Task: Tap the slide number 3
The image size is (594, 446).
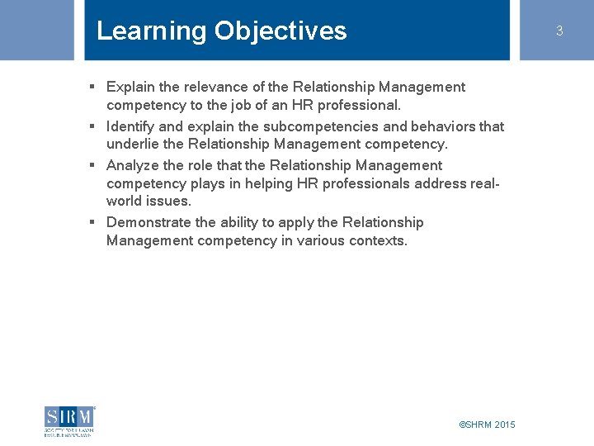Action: pyautogui.click(x=559, y=31)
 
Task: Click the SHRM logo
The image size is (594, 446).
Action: pyautogui.click(x=69, y=420)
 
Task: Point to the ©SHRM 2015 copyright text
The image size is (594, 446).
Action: pyautogui.click(x=487, y=425)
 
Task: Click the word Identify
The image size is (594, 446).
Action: pyautogui.click(x=130, y=126)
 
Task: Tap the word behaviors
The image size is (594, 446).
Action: pyautogui.click(x=439, y=126)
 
